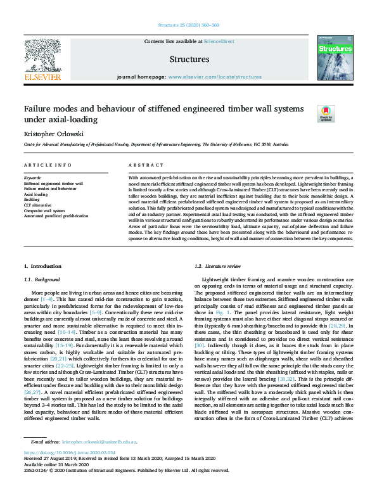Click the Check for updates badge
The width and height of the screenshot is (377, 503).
[x=326, y=114]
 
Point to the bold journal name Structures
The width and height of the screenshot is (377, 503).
[x=189, y=60]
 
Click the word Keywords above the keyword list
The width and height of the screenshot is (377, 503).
[x=33, y=179]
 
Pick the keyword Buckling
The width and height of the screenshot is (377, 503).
[x=32, y=200]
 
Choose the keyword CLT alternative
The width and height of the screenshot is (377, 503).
[x=37, y=205]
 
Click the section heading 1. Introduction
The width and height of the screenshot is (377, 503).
[x=42, y=266]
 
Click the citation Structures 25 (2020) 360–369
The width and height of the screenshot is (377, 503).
[x=188, y=26]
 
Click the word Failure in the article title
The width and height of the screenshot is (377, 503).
[x=39, y=109]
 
